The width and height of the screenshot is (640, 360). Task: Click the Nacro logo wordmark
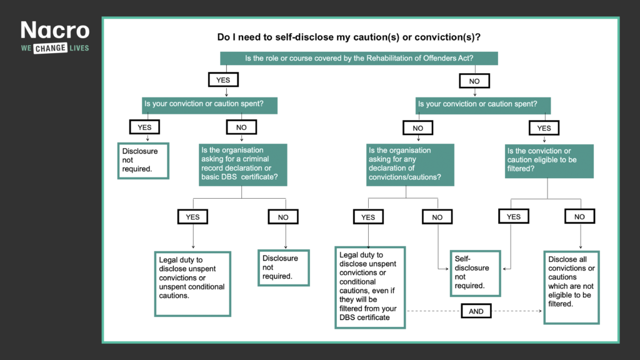[55, 30]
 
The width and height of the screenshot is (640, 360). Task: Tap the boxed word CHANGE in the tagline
[50, 48]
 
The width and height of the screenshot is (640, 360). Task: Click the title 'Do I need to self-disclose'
[348, 37]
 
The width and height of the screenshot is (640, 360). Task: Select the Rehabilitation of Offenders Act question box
[359, 58]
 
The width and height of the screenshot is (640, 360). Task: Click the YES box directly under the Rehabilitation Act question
[223, 80]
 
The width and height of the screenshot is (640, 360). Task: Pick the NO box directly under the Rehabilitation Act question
[474, 81]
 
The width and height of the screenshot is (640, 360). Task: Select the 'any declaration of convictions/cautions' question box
[410, 165]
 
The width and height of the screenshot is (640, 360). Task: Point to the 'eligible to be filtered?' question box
[549, 161]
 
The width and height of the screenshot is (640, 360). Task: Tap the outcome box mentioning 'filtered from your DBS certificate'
[370, 287]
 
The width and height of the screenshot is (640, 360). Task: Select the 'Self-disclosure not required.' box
[475, 272]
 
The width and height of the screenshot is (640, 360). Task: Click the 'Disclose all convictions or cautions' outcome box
[571, 286]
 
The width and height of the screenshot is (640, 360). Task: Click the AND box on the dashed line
[476, 311]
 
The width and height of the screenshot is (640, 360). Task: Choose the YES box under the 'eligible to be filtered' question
[513, 217]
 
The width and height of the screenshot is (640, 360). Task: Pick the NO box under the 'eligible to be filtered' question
[579, 217]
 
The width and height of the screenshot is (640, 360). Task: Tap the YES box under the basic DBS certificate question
[192, 217]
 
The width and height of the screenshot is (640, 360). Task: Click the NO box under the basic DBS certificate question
[283, 217]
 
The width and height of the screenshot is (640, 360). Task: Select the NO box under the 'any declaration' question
[437, 217]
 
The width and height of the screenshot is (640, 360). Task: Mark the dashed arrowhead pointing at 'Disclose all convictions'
[540, 311]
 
